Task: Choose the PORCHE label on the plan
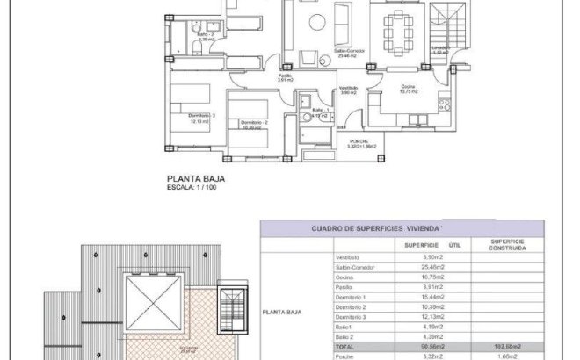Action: click(x=358, y=143)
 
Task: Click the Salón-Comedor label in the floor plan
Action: click(x=324, y=53)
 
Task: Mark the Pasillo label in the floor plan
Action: click(x=285, y=77)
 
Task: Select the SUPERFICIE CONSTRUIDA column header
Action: click(x=509, y=246)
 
